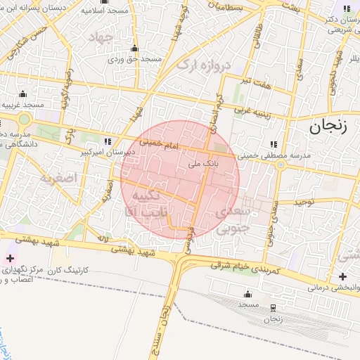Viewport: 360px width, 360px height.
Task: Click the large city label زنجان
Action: coord(327,127)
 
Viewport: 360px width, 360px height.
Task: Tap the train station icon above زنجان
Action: coord(273,307)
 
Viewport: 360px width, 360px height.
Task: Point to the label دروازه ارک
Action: coord(203,65)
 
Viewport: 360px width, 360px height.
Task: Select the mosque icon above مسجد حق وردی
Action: coord(135,49)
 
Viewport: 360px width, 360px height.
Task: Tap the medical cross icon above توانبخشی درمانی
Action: coord(342,276)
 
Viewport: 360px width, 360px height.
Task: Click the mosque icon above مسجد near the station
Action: coord(247,294)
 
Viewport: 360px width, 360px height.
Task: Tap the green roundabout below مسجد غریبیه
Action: coord(25,120)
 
